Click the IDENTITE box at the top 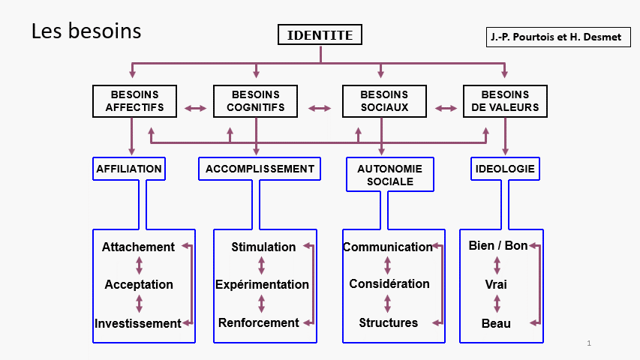tap(320, 34)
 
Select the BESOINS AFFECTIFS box tap(135, 101)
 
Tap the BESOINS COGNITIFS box tap(256, 101)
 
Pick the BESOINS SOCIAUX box tap(384, 101)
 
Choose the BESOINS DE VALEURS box tap(505, 101)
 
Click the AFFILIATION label tap(129, 169)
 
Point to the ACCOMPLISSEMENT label tap(260, 169)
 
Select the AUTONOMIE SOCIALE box tap(390, 175)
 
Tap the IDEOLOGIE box tap(505, 169)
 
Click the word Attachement tap(138, 247)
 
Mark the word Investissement tap(138, 323)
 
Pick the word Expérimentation tap(262, 284)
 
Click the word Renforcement tap(259, 322)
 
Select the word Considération tap(389, 283)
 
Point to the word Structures tap(389, 322)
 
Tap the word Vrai tap(496, 284)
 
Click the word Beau tap(496, 323)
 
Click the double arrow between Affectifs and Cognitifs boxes tap(196, 108)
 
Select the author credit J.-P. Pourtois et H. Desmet tap(556, 37)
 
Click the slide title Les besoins tap(86, 31)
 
